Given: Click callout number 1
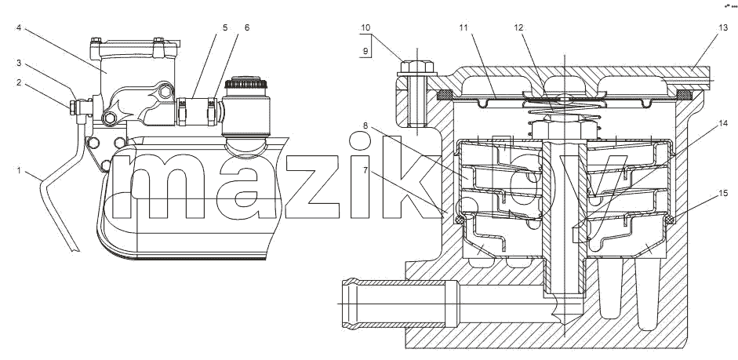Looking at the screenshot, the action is (19, 170).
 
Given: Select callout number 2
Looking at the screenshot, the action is (19, 83).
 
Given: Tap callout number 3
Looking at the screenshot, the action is (19, 63).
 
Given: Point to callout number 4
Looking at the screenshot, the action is (19, 27).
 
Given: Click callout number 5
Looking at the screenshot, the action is (225, 27).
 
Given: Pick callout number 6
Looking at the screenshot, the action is (247, 27).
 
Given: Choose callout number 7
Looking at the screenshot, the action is (365, 170).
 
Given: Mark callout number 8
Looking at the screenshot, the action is (365, 125).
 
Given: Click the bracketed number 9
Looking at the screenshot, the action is (365, 51).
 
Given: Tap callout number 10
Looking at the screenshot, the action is (365, 27).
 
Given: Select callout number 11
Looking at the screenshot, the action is (464, 27).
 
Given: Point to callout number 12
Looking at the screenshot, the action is (518, 27).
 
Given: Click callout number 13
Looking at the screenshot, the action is (723, 27).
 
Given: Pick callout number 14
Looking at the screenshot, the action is (723, 123).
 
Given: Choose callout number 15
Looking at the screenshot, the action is (723, 193).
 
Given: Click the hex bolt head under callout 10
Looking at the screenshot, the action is (416, 67).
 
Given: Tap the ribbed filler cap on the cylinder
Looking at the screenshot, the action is (246, 84).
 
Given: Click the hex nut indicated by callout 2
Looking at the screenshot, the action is (73, 107).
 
